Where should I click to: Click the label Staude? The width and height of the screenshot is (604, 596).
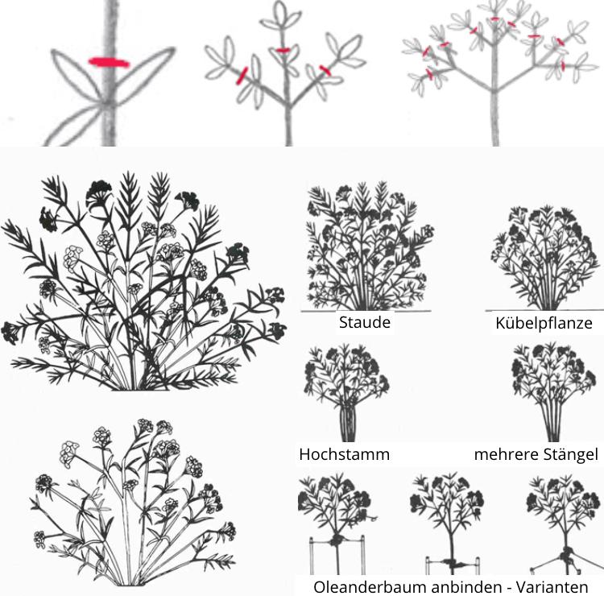coord(365,323)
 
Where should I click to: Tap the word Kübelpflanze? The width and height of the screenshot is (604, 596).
coord(544,324)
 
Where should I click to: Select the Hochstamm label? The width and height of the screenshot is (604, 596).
coord(344,454)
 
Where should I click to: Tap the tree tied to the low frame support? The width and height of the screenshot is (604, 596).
coord(449,524)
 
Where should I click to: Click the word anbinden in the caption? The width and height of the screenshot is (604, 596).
coord(457,586)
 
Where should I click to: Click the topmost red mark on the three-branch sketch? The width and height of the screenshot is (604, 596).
coord(282,50)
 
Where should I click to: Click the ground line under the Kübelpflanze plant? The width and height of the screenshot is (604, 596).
coord(544,310)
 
